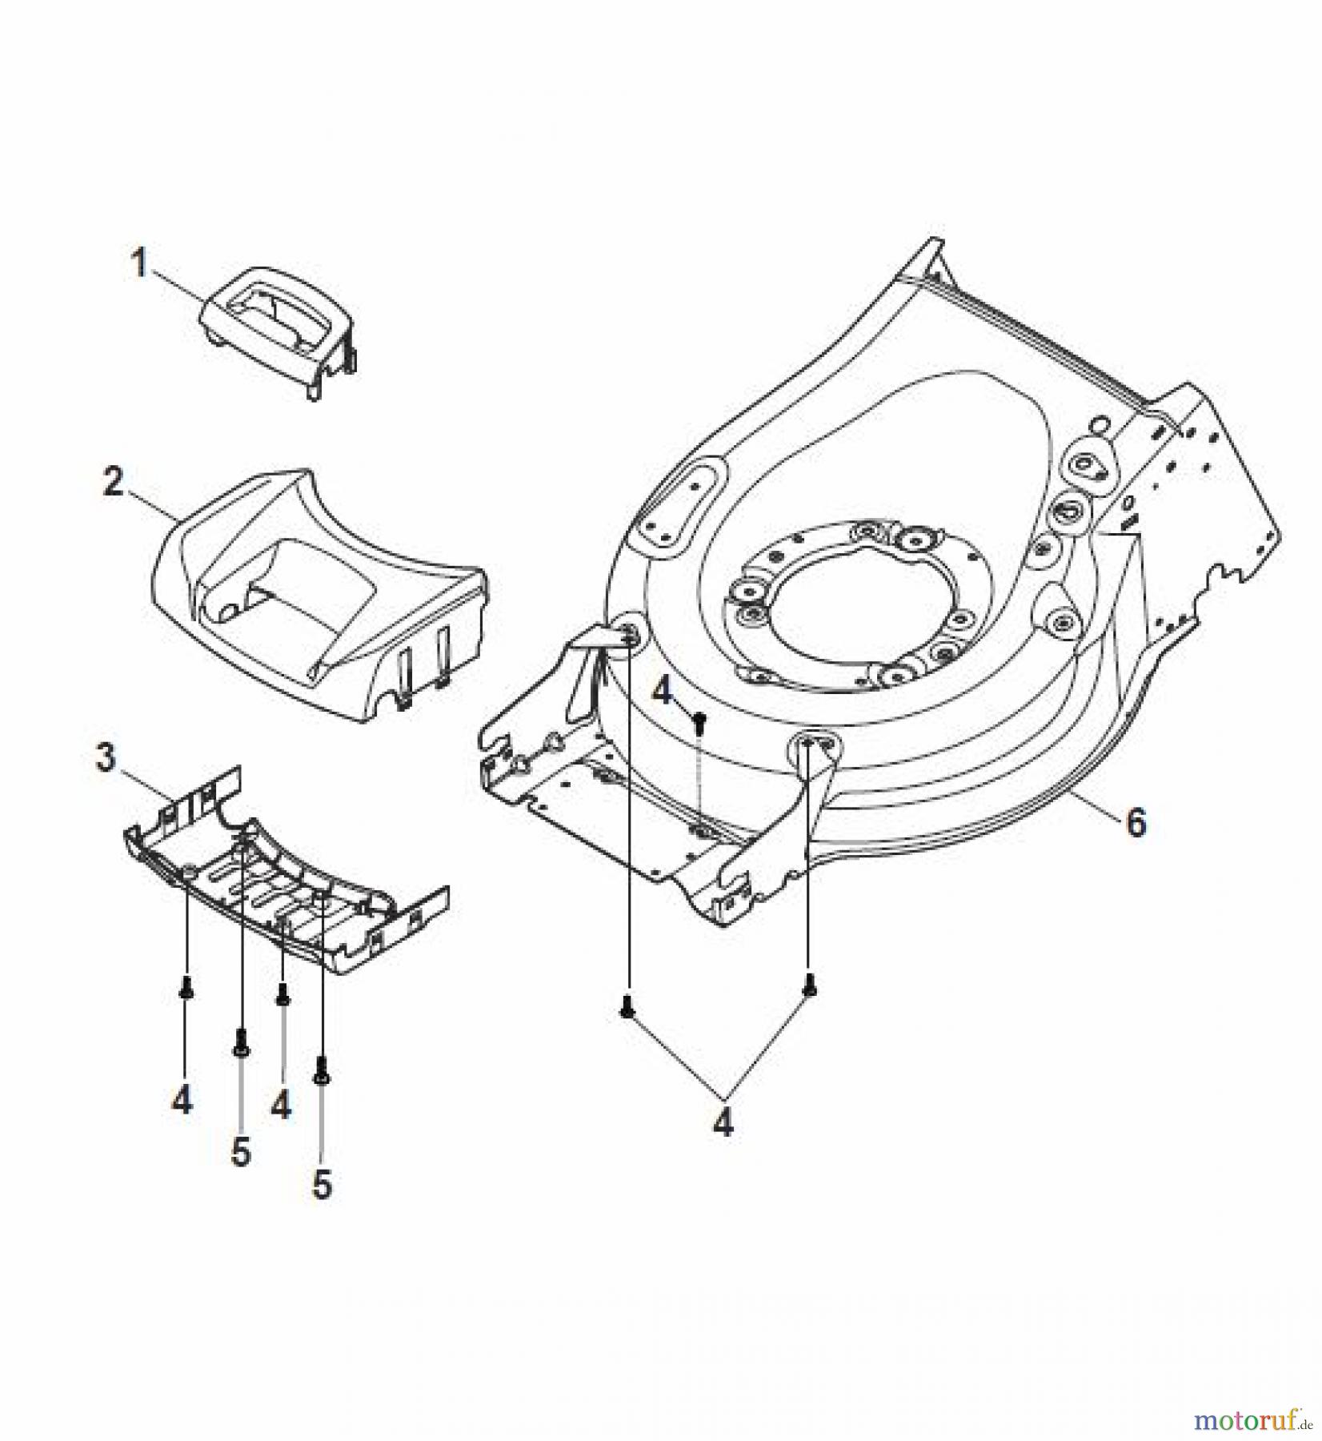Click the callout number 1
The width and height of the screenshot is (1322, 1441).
(139, 263)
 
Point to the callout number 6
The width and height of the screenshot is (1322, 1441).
(1136, 822)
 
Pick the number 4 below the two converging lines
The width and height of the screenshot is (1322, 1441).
(723, 1125)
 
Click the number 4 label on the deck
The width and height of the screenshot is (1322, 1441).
(662, 691)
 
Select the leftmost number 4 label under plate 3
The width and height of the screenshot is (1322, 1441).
(182, 1102)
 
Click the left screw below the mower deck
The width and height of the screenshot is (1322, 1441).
(627, 1010)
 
